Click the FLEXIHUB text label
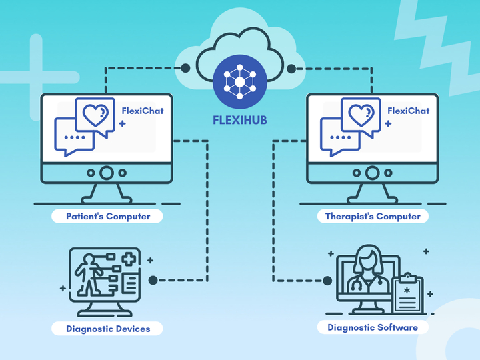[x=239, y=123]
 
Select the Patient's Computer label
[x=108, y=216]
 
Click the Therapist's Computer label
[x=373, y=216]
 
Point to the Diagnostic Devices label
[x=108, y=328]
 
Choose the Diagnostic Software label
[x=373, y=327]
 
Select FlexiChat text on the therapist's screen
[x=408, y=111]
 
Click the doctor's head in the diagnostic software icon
[x=369, y=256]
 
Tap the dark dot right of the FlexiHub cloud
[x=291, y=68]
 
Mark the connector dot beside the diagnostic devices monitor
[x=153, y=280]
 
